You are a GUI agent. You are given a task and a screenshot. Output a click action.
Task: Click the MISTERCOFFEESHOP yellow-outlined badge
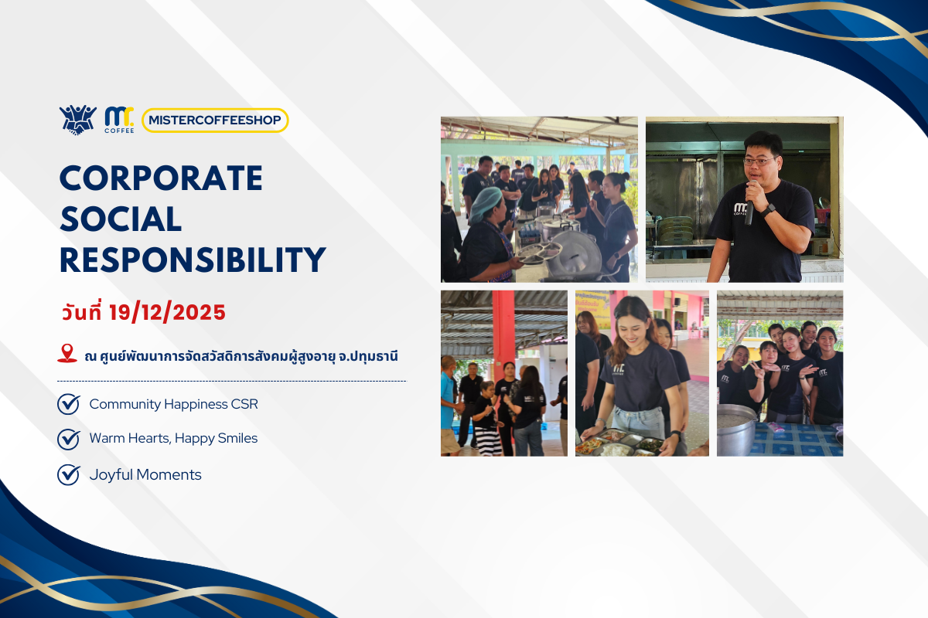215,121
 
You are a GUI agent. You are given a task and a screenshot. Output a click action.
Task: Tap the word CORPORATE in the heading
161,179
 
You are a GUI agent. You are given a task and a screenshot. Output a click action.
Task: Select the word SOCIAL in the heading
121,220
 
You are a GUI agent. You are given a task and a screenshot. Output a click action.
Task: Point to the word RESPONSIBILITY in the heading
193,260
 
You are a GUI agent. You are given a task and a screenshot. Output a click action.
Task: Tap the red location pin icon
67,354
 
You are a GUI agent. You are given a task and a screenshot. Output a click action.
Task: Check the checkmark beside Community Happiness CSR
69,404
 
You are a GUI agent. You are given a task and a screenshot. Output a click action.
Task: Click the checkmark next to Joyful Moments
69,474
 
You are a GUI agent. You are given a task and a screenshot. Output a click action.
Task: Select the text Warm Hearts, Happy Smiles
173,439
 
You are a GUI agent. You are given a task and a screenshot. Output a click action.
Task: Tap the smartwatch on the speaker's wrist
769,209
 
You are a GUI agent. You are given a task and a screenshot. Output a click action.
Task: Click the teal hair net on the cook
486,202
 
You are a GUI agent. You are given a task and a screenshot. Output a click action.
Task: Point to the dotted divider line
231,381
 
